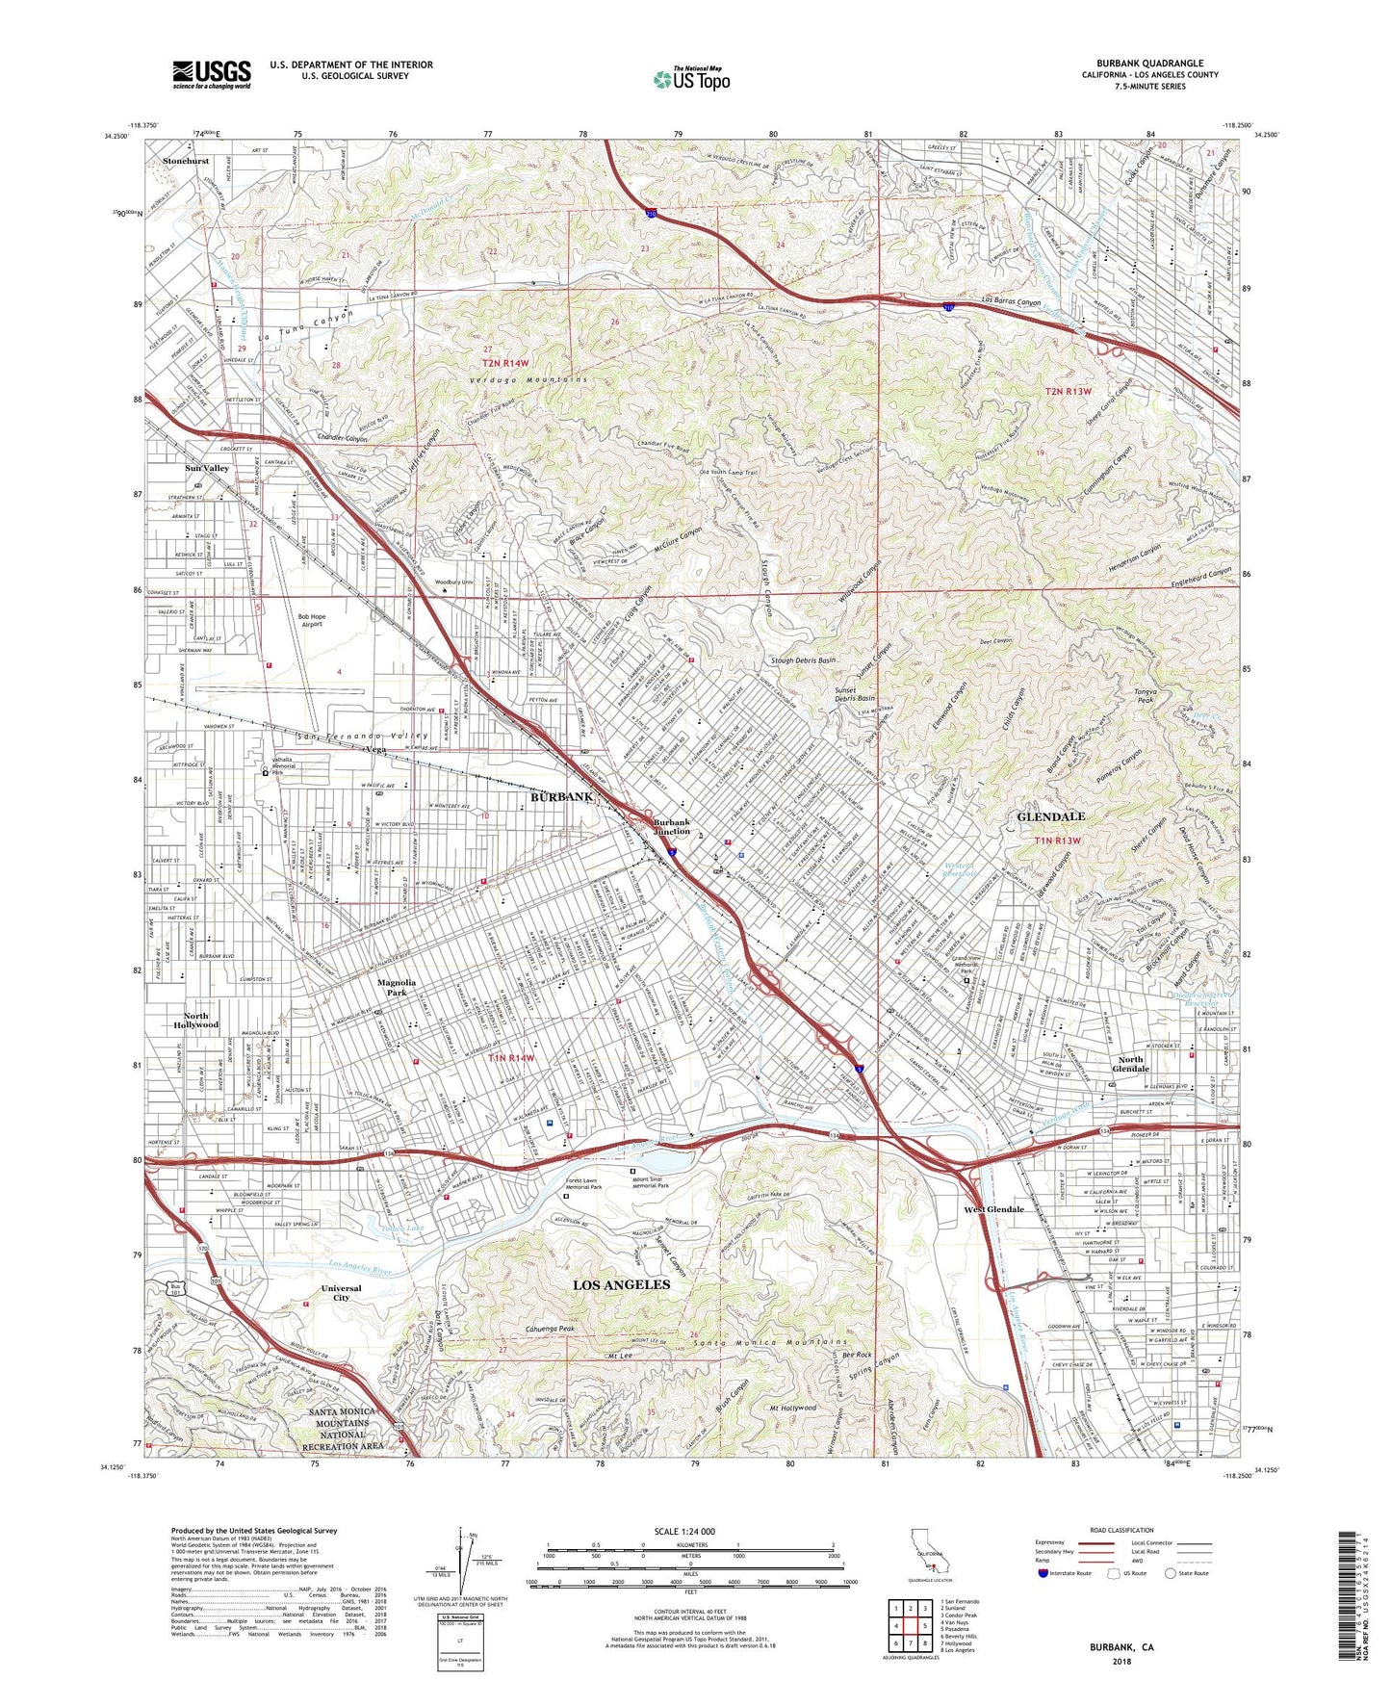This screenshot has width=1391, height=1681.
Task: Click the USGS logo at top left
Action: (212, 74)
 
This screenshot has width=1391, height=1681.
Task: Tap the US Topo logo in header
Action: (691, 79)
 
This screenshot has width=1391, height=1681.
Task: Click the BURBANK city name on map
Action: (561, 797)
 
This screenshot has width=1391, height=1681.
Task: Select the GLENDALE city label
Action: (1050, 816)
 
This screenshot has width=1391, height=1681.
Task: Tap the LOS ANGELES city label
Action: (621, 1285)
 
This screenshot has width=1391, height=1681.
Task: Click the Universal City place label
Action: (341, 1292)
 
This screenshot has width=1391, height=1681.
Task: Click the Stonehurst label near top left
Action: (186, 161)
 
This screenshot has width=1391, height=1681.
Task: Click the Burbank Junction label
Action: (672, 827)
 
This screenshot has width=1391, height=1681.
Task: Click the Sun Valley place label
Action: (207, 468)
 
